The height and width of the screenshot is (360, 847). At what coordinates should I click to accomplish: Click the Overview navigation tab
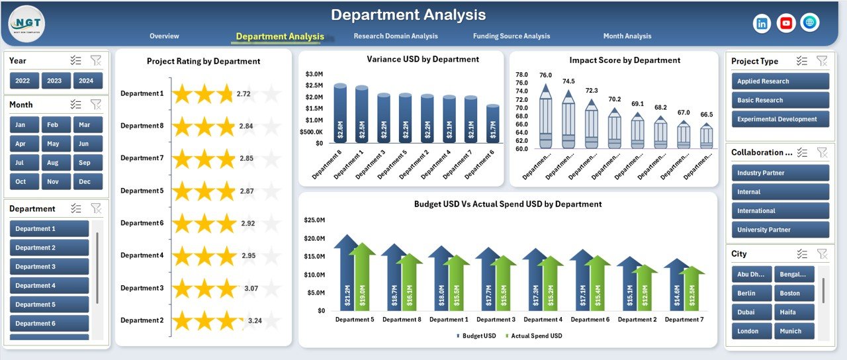(164, 36)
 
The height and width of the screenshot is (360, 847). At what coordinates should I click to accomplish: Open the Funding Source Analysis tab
(511, 36)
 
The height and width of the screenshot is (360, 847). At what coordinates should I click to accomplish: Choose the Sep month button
(84, 163)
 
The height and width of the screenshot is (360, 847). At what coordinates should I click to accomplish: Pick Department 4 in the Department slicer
(50, 286)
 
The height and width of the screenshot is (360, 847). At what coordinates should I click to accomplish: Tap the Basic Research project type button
(780, 101)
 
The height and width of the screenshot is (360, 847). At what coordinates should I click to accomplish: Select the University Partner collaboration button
(780, 230)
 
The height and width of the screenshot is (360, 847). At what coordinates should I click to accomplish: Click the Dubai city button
(752, 312)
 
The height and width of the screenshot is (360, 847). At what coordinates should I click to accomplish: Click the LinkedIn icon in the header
(762, 23)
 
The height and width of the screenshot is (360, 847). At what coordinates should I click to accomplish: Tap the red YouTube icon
(785, 23)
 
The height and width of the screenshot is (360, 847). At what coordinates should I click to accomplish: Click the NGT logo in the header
(27, 24)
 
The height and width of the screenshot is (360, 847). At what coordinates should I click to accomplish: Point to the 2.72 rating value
(244, 94)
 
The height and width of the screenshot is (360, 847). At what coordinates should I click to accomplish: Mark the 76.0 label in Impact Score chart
(545, 75)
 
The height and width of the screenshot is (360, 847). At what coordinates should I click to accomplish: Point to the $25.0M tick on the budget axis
(314, 220)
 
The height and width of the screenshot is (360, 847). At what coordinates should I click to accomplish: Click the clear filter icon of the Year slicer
(96, 61)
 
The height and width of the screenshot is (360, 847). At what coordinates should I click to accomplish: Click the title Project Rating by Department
(203, 61)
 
